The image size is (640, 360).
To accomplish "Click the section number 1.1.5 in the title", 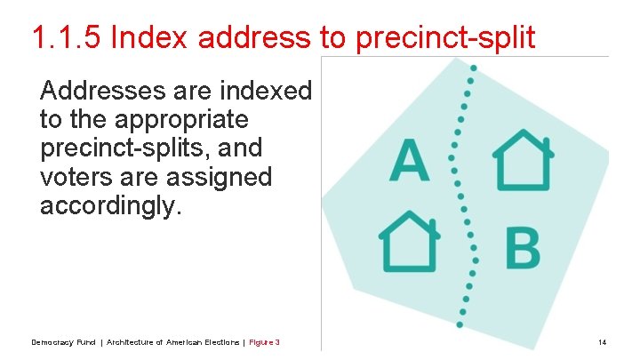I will click(68, 37).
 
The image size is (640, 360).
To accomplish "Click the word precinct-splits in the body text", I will click(128, 148).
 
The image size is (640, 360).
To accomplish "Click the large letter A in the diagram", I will click(410, 160).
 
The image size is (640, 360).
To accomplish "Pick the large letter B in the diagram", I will click(523, 248).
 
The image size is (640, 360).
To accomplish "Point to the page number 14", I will click(602, 342).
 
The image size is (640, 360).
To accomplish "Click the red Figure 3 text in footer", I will click(264, 342).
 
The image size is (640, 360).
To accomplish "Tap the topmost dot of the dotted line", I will click(473, 68).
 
